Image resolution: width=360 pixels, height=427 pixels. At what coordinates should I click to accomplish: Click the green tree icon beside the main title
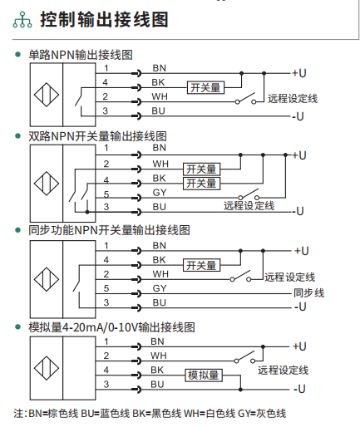pos(22,20)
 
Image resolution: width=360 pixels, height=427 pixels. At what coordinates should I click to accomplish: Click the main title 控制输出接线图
pos(104,19)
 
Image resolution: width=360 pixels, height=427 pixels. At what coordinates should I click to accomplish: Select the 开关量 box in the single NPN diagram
pos(205,87)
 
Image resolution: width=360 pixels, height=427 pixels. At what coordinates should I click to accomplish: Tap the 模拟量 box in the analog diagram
pos(204,375)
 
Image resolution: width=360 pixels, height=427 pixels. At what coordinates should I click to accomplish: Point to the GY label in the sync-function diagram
pos(160,288)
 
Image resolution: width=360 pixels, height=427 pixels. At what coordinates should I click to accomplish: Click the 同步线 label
pos(308,292)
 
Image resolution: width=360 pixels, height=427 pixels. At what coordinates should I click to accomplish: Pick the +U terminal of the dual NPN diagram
pos(299,155)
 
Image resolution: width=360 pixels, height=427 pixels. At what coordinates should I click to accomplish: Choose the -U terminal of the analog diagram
pos(299,389)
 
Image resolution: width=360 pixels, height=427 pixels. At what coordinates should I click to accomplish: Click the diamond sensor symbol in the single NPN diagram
pos(47,95)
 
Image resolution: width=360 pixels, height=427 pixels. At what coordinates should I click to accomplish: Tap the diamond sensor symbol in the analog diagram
pos(47,368)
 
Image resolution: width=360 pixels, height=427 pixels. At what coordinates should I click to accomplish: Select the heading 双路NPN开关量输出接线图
pos(97,136)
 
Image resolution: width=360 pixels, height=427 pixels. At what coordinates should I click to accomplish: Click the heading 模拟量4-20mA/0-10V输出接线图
pos(111,327)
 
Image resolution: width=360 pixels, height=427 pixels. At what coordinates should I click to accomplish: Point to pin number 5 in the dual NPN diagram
pos(106,194)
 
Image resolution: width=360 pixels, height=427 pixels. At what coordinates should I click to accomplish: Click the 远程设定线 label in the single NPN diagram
pos(293,98)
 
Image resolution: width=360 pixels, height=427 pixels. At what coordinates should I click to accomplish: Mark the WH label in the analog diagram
pos(159,356)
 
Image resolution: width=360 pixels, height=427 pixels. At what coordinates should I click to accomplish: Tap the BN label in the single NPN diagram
pos(159,68)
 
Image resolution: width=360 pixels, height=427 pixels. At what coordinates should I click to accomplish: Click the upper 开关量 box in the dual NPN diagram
pos(201,169)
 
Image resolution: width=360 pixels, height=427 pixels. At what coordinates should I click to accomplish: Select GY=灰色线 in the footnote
pos(262,414)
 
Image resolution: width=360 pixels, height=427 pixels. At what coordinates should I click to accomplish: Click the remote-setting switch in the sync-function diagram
pos(240,276)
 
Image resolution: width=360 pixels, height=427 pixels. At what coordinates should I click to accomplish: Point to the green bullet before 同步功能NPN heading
pos(18,230)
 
